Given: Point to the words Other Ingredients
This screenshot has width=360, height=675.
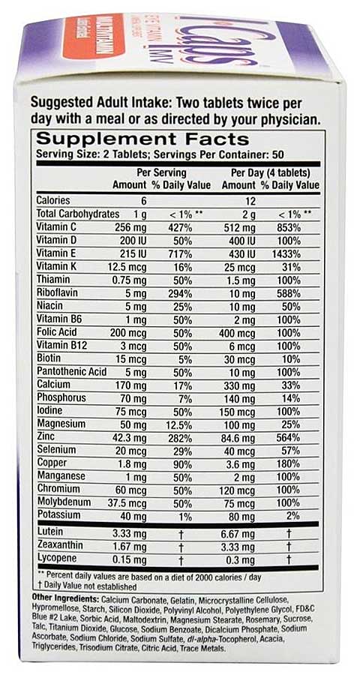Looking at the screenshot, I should (x=66, y=598).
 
